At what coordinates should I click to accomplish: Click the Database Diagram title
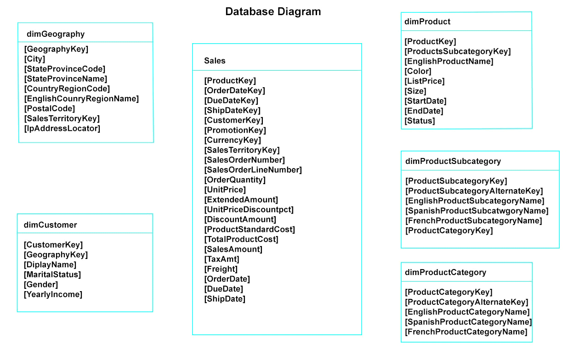[273, 12]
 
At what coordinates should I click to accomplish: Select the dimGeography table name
[56, 34]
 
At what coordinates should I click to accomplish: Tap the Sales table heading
[215, 61]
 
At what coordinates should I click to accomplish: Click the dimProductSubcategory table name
[453, 161]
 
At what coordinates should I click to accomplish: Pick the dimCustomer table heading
[51, 225]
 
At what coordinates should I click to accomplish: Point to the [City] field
[35, 59]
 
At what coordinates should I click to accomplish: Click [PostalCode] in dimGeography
[50, 108]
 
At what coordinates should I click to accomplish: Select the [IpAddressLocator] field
[62, 129]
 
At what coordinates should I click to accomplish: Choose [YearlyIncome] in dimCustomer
[53, 294]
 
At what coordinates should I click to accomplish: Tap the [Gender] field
[41, 285]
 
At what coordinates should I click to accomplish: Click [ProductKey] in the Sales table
[230, 81]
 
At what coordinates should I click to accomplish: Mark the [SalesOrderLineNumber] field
[253, 170]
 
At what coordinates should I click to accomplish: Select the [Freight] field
[221, 269]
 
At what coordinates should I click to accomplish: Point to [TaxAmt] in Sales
[222, 259]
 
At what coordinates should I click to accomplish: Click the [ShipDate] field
[225, 298]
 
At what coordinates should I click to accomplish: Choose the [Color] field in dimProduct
[418, 71]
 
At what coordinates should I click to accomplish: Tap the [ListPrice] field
[424, 81]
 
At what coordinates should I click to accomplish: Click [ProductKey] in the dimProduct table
[431, 41]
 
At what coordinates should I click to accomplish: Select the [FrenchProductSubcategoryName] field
[474, 221]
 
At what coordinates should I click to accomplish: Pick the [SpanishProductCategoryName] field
[468, 322]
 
